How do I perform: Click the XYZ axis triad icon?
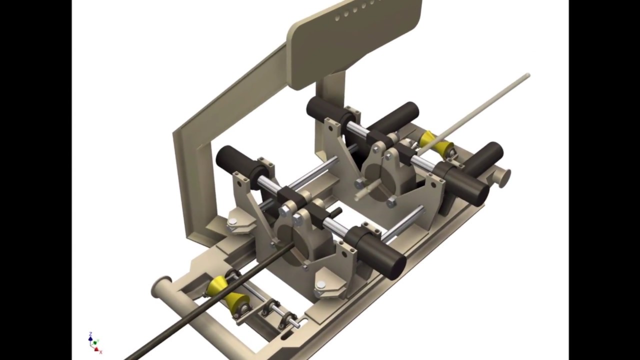click(93, 342)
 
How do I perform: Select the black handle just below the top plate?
click(325, 110)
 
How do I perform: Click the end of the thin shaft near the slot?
click(297, 324)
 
